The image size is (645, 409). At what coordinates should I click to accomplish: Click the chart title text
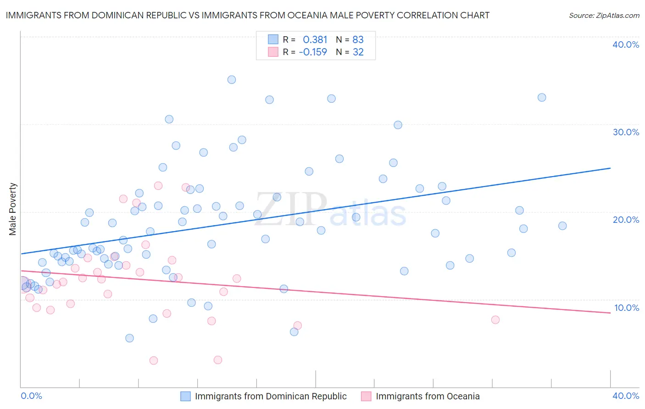coord(247,15)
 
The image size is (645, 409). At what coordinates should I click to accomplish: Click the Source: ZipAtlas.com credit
coord(604,15)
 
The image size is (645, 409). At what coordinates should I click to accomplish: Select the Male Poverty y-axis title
coord(13,209)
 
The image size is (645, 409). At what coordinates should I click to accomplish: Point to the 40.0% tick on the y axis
coord(625,44)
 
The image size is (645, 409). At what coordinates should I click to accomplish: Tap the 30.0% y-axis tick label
coord(625,132)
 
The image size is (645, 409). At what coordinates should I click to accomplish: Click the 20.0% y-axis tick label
coord(625,220)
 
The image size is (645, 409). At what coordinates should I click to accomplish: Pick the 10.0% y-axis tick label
coord(626,308)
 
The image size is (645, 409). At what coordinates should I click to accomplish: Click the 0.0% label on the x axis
coord(31,396)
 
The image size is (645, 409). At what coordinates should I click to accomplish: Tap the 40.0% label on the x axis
coord(625,396)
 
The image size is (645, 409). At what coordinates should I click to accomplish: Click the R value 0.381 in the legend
coord(315,39)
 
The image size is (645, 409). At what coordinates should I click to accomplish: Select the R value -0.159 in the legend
coord(313,52)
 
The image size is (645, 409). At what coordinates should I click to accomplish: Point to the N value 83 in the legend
coord(358,39)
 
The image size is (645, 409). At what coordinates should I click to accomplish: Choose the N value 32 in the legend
coord(358,52)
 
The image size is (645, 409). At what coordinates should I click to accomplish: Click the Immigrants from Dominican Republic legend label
coord(271,396)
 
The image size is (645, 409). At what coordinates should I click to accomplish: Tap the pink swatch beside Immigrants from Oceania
coord(366,396)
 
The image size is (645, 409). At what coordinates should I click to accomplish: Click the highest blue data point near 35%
coord(232,80)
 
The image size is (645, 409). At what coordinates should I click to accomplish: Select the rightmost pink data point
coord(495,320)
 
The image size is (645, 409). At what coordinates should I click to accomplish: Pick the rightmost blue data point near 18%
coord(562,226)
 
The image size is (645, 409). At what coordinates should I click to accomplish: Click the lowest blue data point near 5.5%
coord(129,338)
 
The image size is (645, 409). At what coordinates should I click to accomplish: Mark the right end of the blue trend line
coord(610,168)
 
